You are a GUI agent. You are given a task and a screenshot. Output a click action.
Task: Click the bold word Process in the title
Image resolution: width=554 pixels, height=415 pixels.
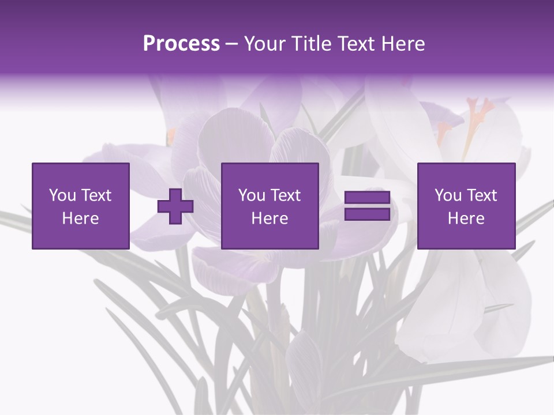[x=181, y=44]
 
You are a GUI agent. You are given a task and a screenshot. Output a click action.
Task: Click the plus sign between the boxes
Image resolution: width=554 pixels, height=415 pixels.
[x=175, y=206]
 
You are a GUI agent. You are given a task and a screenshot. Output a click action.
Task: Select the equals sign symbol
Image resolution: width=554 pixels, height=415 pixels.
[x=367, y=206]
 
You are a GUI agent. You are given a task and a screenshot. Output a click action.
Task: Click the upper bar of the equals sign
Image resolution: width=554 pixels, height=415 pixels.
[x=367, y=198]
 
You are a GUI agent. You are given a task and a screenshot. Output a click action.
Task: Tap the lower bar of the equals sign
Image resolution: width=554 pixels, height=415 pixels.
[x=367, y=214]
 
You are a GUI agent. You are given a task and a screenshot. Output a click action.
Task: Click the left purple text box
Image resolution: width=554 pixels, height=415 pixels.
[x=81, y=206]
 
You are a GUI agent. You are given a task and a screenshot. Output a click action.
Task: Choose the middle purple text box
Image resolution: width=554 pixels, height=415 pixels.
[x=269, y=206]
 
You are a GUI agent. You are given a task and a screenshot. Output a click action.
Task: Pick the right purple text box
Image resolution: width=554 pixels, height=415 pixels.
[x=466, y=206]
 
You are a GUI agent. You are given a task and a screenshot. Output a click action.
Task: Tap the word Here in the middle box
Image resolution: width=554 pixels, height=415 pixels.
[x=269, y=218]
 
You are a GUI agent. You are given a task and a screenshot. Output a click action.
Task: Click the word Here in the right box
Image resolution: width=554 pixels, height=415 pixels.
[x=466, y=218]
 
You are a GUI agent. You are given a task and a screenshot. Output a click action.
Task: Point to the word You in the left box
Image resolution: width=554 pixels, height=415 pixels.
[x=63, y=195]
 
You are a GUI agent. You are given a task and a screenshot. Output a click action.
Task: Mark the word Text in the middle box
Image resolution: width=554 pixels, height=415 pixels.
[x=286, y=195]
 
